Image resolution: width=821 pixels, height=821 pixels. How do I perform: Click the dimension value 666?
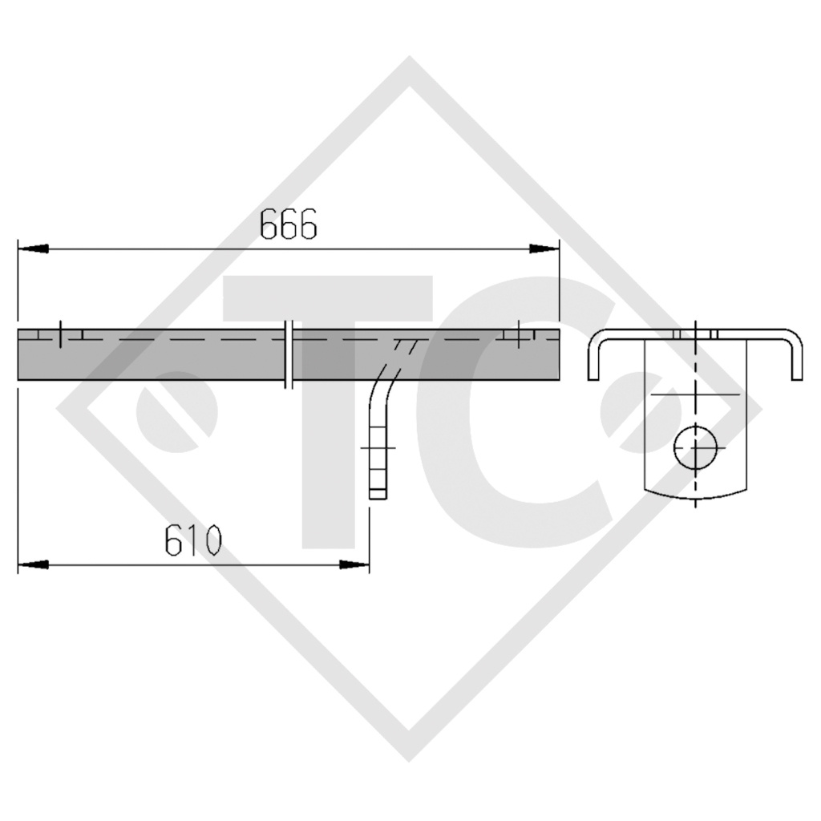(289, 226)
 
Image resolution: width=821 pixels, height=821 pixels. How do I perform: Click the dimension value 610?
(192, 543)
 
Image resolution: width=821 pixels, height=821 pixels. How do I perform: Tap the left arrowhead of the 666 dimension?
(32, 249)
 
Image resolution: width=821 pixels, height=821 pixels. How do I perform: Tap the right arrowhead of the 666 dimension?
(544, 249)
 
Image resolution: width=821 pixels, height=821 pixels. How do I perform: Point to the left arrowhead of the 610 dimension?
(32, 565)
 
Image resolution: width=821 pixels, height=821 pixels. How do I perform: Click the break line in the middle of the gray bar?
(289, 354)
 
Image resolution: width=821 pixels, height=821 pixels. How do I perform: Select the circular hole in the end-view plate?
(696, 447)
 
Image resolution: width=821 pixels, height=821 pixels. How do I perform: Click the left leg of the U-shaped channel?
(593, 361)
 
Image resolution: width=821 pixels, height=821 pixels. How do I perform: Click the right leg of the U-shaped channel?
(796, 361)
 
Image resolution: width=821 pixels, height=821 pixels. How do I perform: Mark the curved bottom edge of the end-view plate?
(696, 496)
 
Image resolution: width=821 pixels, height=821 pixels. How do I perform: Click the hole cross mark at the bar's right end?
(520, 334)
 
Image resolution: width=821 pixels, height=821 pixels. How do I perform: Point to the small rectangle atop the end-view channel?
(696, 334)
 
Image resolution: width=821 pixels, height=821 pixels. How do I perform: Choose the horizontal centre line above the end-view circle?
(696, 395)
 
